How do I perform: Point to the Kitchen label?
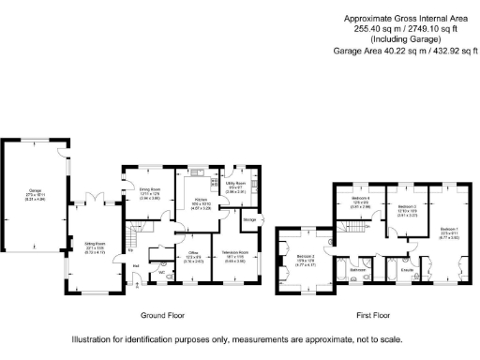coord(200,200)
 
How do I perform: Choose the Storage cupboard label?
coord(249,220)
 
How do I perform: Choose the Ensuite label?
coord(406,272)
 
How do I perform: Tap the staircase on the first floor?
coord(356,229)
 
